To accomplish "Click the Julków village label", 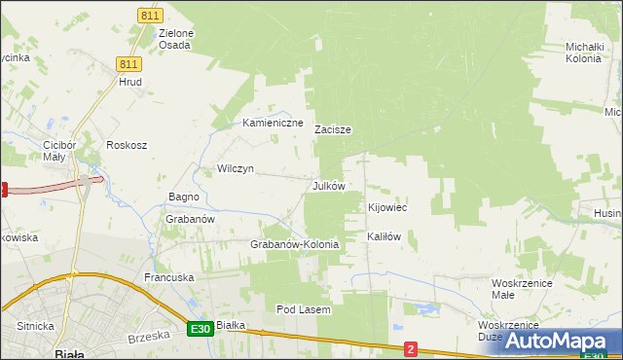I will click(328, 186).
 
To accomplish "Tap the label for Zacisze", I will click(332, 129).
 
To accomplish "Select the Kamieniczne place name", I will click(273, 124).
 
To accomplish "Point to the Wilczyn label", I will click(235, 168).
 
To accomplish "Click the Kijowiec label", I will click(386, 208).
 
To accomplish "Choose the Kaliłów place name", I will click(384, 236).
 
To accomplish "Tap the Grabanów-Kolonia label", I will click(294, 245).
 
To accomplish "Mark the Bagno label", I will click(183, 197).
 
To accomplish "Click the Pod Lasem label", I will click(304, 309).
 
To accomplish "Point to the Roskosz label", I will click(127, 145).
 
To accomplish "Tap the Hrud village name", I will click(130, 83).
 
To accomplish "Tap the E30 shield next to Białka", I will click(200, 329).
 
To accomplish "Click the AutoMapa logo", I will click(559, 341).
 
